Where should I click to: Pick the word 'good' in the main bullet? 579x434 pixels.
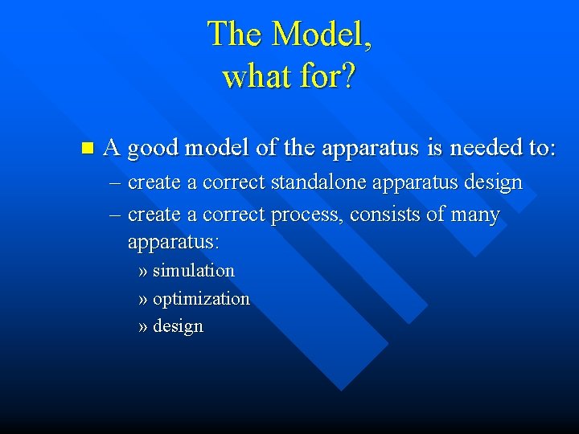pyautogui.click(x=153, y=149)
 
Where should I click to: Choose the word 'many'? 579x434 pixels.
pyautogui.click(x=475, y=215)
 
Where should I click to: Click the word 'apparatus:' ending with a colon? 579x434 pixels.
pyautogui.click(x=173, y=241)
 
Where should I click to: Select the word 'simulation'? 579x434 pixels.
pyautogui.click(x=193, y=271)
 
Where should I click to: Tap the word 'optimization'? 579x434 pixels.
pyautogui.click(x=201, y=299)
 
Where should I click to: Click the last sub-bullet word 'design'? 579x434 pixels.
pyautogui.click(x=178, y=326)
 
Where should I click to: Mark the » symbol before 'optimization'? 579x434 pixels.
pyautogui.click(x=143, y=299)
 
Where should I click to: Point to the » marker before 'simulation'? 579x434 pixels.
pyautogui.click(x=143, y=271)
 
